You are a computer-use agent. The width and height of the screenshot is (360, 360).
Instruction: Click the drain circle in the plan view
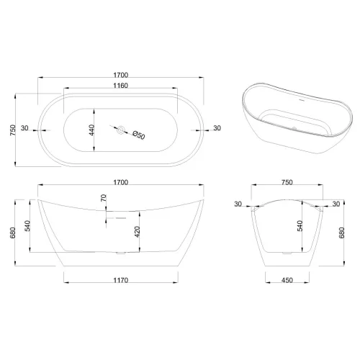121,131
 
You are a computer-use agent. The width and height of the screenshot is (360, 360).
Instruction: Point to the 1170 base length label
120,280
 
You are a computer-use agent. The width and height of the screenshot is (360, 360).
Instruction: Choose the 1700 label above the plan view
120,73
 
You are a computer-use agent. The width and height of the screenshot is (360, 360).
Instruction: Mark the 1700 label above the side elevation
120,184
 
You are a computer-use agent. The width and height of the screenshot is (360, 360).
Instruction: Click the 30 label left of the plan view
25,130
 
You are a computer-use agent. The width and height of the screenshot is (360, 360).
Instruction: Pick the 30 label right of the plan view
217,130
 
